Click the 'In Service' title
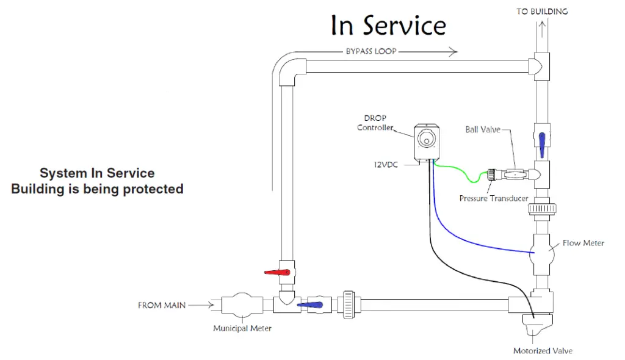coord(388,26)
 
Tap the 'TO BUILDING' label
coord(542,12)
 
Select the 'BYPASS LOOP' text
coord(371,52)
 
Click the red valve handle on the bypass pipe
coord(276,272)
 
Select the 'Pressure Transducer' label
coord(494,198)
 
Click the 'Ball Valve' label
coord(482,129)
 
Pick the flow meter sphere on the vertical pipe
coord(541,251)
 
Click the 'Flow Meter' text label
coord(583,243)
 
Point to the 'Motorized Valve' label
coord(543,350)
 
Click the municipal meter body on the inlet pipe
coord(242,304)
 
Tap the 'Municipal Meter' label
coord(242,328)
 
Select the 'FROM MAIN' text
coord(161,305)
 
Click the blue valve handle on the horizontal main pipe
coord(310,304)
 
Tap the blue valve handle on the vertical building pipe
coord(541,142)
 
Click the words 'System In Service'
coord(97,173)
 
